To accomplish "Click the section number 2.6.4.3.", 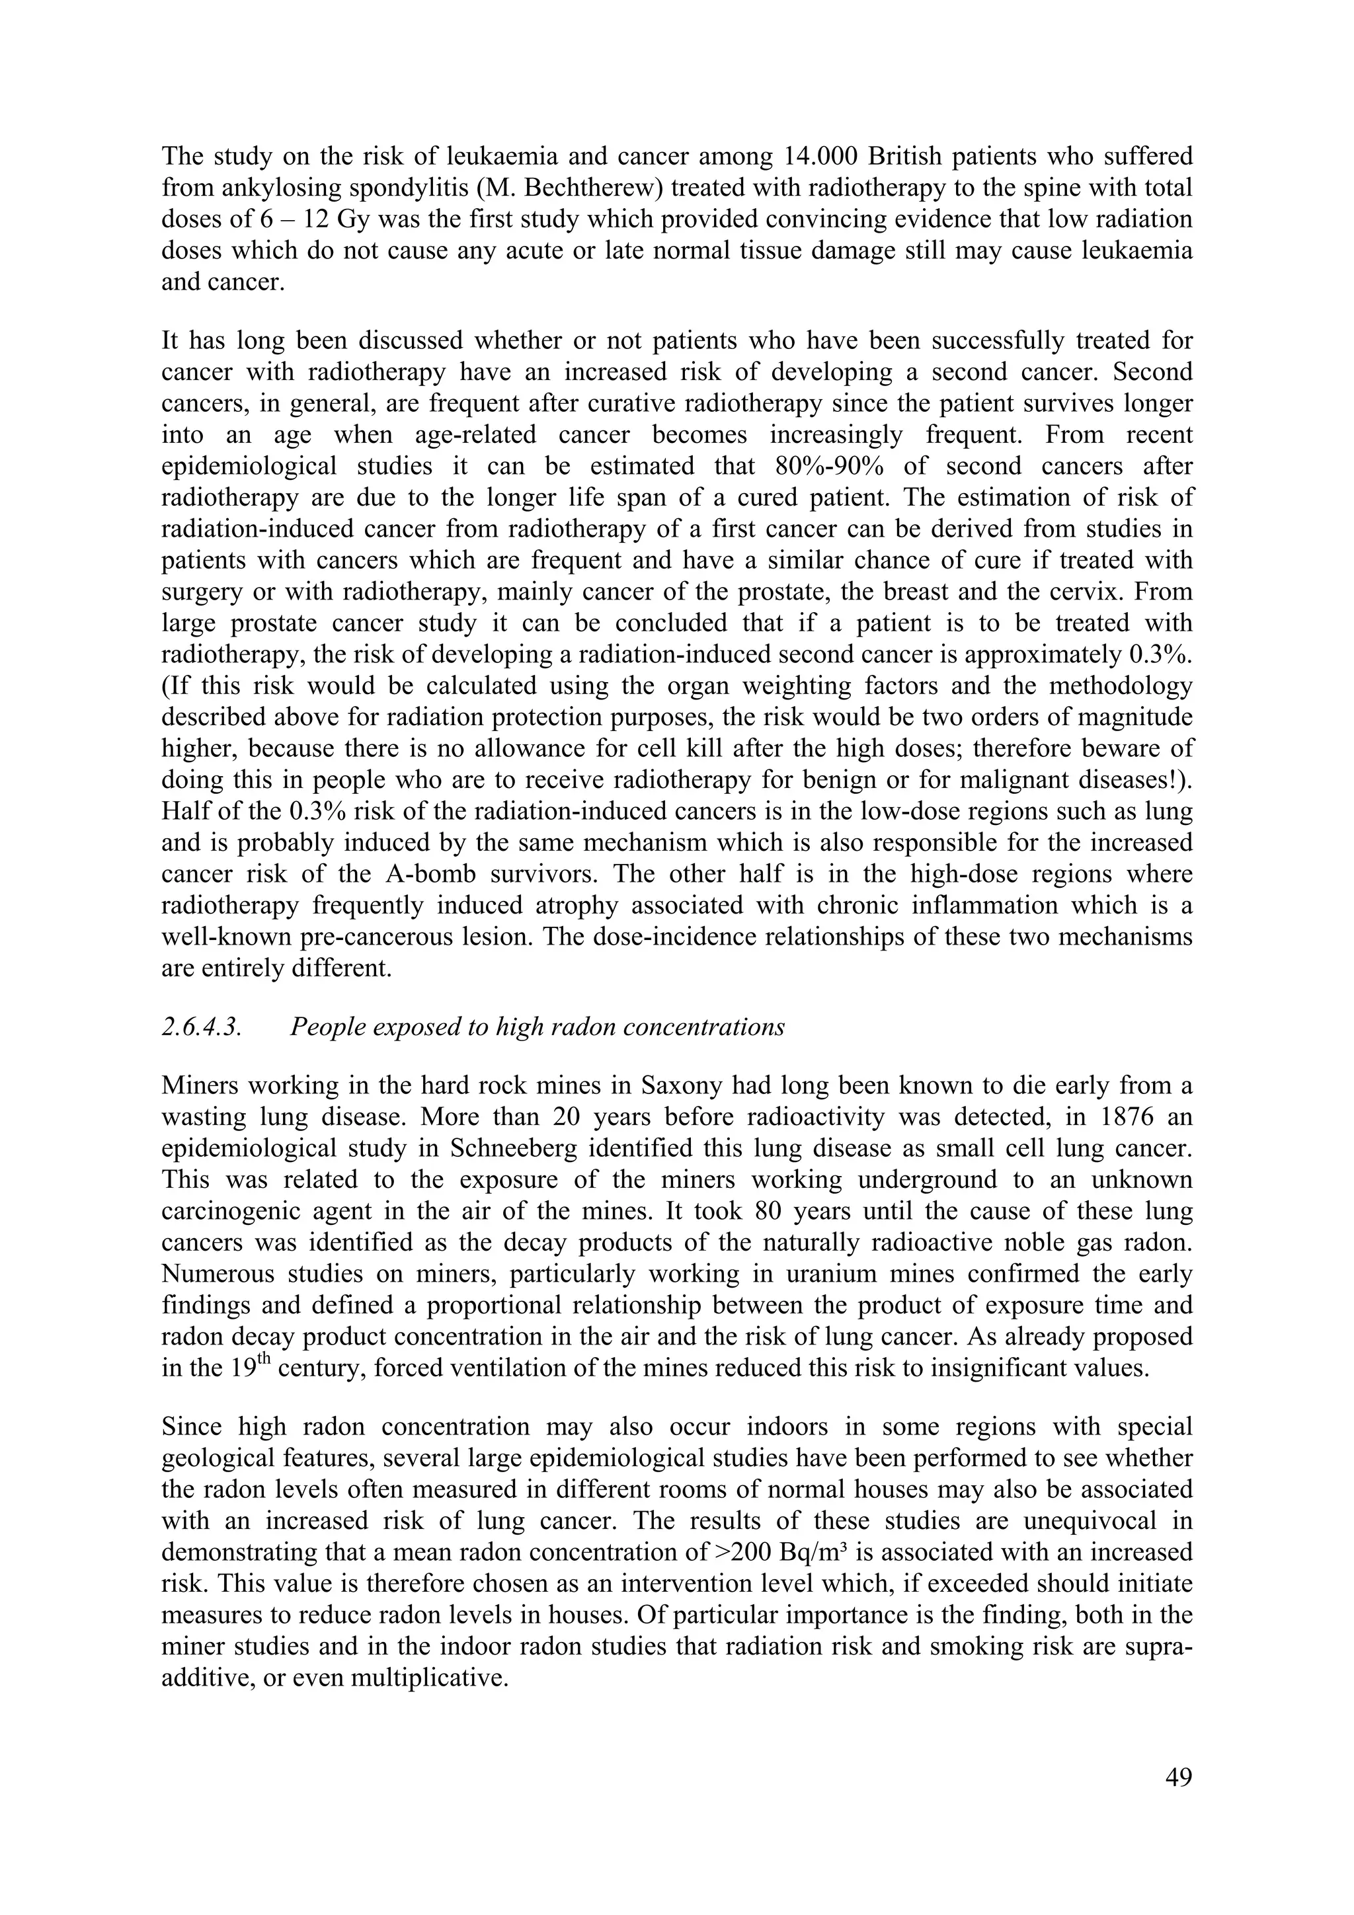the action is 201,1027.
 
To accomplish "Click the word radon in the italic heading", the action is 578,1027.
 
